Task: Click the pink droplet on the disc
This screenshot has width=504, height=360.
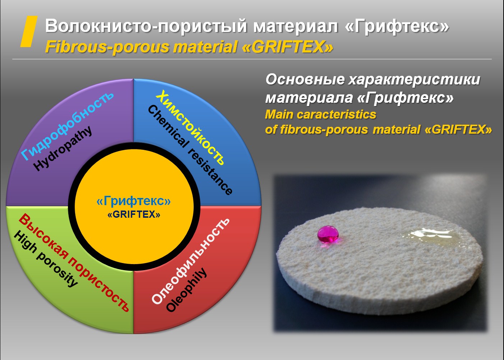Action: pos(328,235)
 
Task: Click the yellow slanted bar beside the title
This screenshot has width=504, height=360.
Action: pos(29,32)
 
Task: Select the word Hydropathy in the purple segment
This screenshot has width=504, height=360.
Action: pos(63,148)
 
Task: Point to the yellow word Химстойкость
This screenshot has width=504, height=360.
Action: pos(190,127)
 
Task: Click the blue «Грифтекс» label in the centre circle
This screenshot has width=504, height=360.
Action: pos(134,201)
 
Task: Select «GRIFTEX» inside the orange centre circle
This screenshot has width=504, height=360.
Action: pos(134,214)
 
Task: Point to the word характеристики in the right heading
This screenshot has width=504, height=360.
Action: pos(414,80)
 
